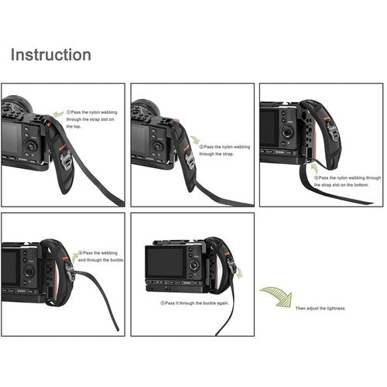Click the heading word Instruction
point(50,55)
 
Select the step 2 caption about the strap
point(224,149)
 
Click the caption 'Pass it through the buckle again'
point(194,304)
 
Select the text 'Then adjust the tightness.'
point(320,309)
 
